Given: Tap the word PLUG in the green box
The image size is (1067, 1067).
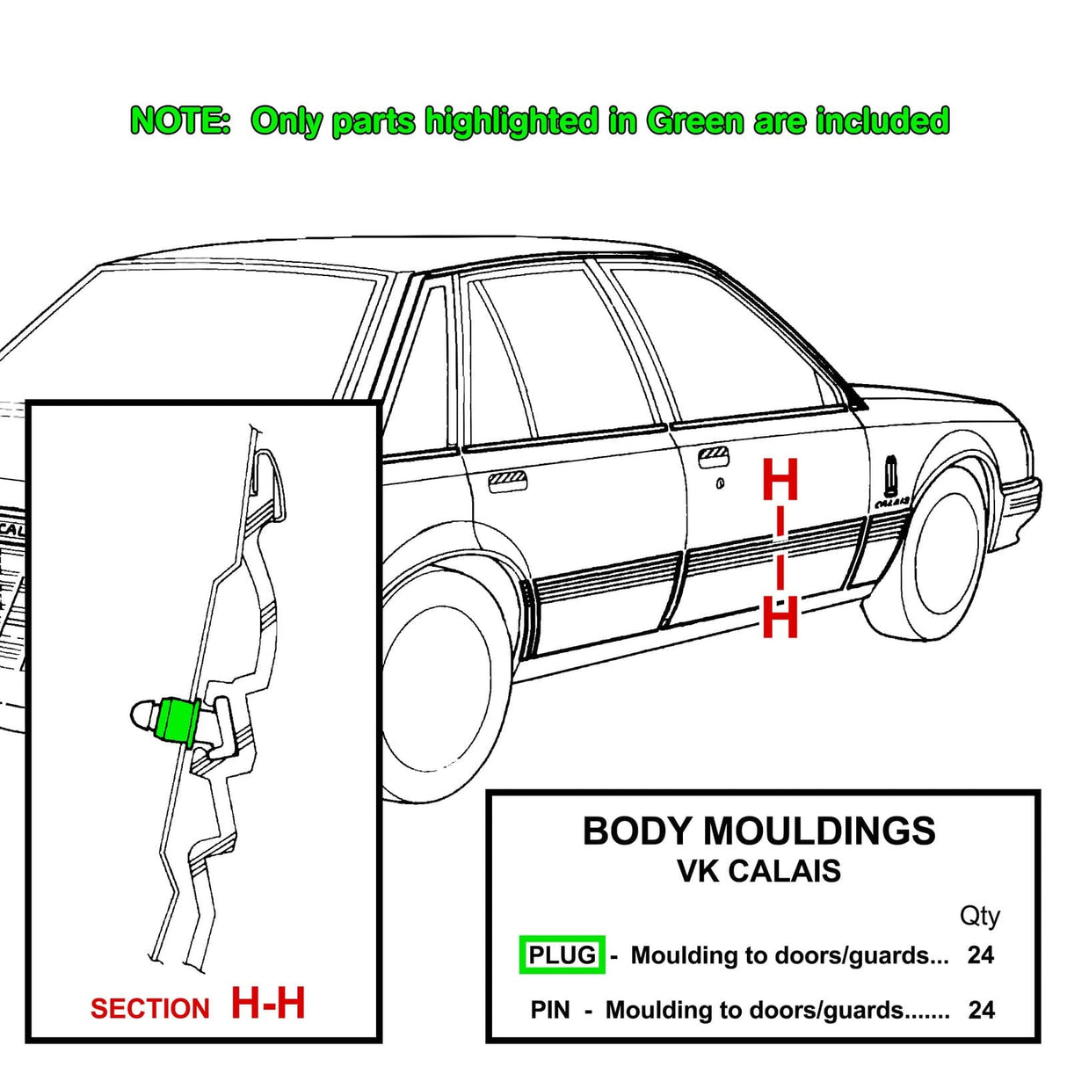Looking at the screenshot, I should tap(562, 954).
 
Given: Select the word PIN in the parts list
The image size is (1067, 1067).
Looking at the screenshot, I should tap(550, 1010).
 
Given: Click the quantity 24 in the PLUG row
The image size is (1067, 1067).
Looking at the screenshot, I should tap(980, 954).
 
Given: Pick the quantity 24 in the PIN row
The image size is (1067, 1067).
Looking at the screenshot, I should tap(981, 1010).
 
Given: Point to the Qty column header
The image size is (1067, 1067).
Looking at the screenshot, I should tap(979, 916).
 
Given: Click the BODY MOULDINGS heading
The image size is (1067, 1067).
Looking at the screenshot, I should tap(759, 831).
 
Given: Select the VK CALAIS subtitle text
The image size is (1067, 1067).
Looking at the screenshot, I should tap(759, 871).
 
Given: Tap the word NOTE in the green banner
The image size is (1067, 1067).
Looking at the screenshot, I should tap(179, 120).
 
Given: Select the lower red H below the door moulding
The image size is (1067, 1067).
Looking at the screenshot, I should tap(780, 617).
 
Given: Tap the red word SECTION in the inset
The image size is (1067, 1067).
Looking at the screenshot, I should tap(150, 1008).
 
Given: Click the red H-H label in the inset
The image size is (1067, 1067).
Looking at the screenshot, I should tap(268, 1003).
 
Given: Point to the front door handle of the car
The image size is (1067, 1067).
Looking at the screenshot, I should tap(713, 457).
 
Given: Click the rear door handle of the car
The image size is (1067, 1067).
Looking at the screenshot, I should tap(507, 480).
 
